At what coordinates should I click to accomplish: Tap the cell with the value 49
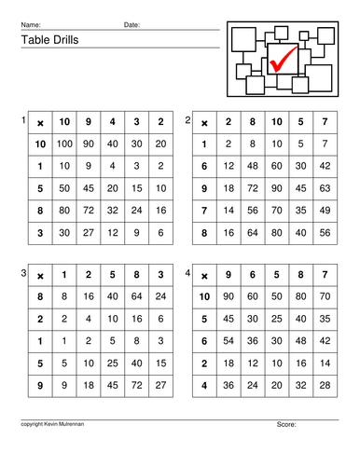[324, 209]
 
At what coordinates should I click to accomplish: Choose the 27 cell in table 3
[161, 383]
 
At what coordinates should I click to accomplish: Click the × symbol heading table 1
[40, 121]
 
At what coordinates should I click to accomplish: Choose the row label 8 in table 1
[40, 209]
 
